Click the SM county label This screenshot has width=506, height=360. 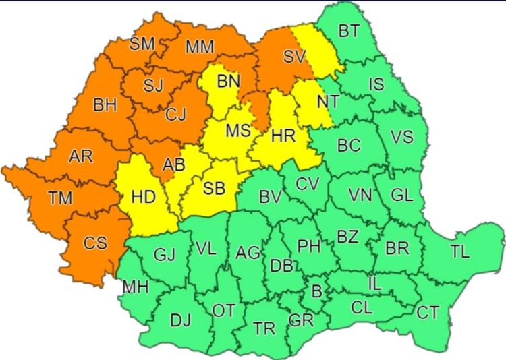coord(142,44)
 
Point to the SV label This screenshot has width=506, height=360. coord(294,57)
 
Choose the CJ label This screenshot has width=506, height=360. coord(175,115)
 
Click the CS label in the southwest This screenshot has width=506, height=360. coord(94,243)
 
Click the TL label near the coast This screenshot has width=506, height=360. coord(460,252)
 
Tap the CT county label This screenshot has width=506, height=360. coord(427,312)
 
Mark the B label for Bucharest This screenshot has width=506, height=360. coord(314,291)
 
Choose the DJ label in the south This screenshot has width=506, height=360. coord(180,321)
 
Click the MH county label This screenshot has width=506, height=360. coord(136,288)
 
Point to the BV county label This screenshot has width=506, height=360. coord(270,197)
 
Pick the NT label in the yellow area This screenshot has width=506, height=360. coord(327,102)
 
